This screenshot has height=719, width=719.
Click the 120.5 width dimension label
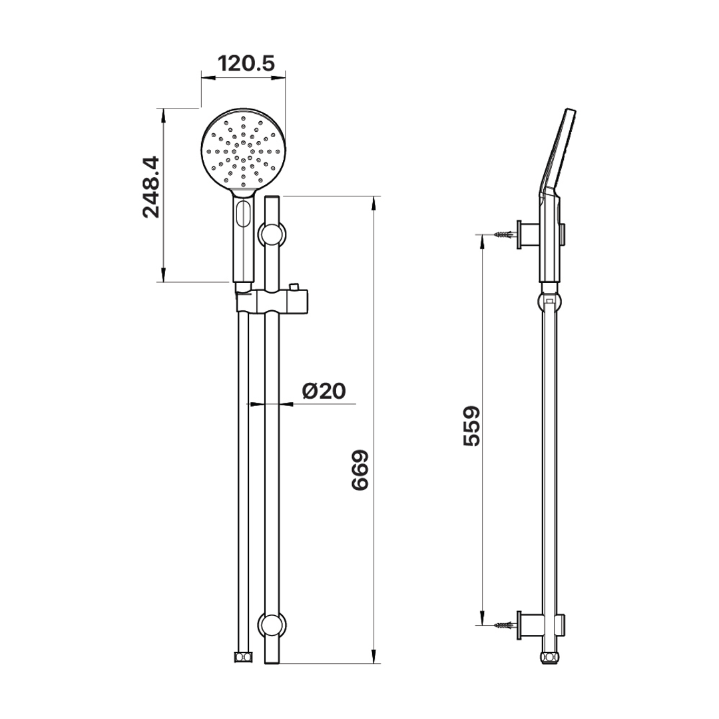pos(246,64)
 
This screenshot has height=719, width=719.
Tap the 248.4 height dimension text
pos(151,186)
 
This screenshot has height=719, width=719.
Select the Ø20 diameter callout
pos(324,391)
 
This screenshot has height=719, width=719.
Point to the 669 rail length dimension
pos(360,471)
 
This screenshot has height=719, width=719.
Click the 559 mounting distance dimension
pos(471,425)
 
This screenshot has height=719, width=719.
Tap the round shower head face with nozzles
pos(243,150)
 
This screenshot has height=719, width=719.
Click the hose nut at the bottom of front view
pos(243,656)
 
